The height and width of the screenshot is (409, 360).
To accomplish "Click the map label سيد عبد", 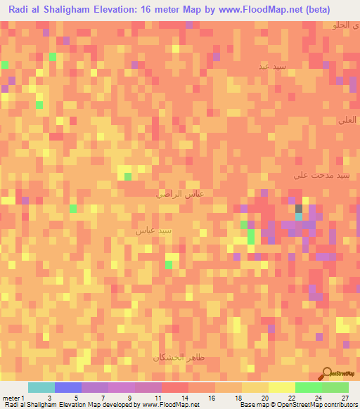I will [x=271, y=67].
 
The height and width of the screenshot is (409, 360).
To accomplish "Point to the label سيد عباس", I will [x=153, y=230].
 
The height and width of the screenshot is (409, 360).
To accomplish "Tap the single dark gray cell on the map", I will [x=299, y=209].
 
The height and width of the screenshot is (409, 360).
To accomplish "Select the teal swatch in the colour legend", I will [x=41, y=387].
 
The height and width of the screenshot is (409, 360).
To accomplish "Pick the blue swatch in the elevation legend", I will [x=68, y=387].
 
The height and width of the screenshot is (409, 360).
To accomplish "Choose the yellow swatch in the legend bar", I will [x=255, y=387].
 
